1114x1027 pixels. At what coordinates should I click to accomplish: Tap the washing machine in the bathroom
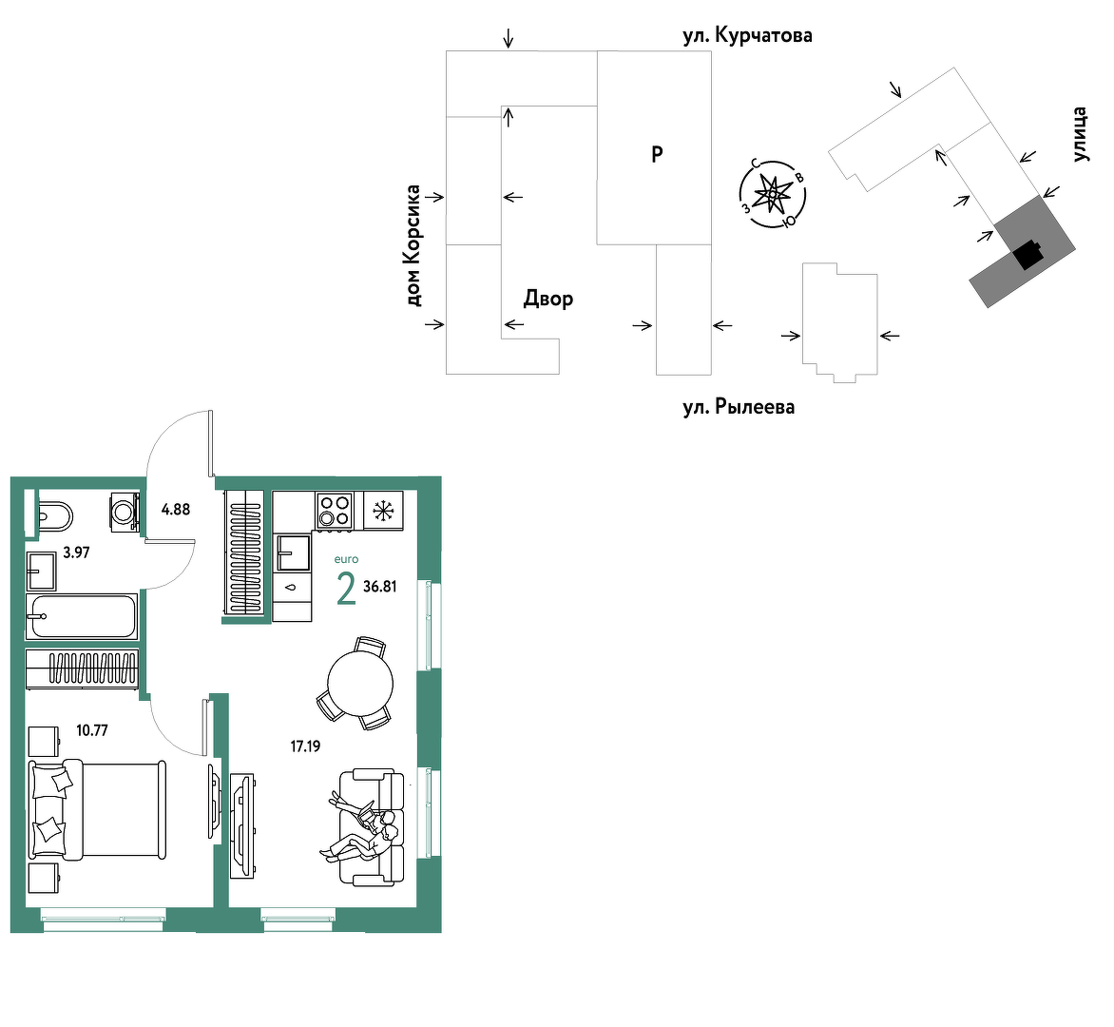click(125, 511)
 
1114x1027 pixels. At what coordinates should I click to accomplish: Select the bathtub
click(82, 616)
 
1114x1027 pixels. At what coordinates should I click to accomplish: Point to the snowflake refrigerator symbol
click(384, 511)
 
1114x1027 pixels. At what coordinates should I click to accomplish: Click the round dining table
click(360, 684)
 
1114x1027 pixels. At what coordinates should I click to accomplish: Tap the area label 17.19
click(305, 746)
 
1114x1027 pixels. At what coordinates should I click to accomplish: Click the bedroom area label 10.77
click(92, 730)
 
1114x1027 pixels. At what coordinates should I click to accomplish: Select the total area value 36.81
click(379, 587)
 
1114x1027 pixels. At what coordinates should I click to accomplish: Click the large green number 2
click(346, 590)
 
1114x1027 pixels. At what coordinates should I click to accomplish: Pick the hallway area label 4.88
click(176, 509)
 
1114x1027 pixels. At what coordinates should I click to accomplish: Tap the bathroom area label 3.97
click(76, 552)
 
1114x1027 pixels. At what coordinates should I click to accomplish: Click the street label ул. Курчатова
click(747, 35)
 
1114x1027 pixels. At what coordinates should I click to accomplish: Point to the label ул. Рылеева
click(739, 407)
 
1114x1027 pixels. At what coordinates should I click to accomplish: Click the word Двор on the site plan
click(548, 299)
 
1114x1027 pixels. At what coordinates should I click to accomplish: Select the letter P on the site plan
click(657, 153)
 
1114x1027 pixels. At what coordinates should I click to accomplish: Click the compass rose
click(772, 193)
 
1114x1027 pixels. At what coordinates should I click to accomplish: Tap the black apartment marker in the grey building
click(1028, 255)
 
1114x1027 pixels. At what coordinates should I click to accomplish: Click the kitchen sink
click(293, 552)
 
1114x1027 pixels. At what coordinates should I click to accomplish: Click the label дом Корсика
click(413, 246)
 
